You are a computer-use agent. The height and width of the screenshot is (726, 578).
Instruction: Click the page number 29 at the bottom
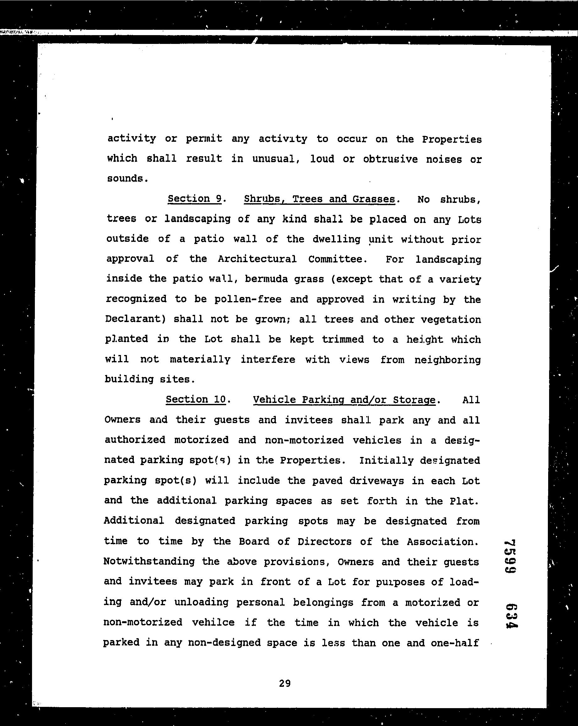[285, 683]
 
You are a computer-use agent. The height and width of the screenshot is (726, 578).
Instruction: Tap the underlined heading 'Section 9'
[194, 199]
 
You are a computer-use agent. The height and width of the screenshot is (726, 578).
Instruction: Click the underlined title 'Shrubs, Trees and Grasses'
[319, 199]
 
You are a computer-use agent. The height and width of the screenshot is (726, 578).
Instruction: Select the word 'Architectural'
[257, 259]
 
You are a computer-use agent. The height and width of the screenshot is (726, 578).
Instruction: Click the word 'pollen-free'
[248, 299]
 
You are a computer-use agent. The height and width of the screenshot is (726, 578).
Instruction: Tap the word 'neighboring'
[447, 360]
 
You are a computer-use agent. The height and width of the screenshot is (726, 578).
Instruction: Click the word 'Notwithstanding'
[149, 561]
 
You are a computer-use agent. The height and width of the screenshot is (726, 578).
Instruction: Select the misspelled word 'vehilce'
[213, 622]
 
